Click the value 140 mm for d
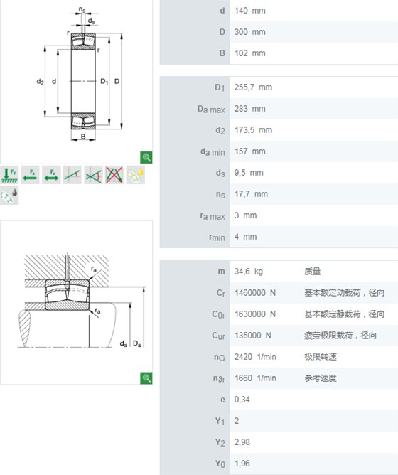250,11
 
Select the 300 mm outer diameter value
250,32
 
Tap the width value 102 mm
250,53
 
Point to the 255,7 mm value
253,87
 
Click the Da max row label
211,109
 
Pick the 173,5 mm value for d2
253,130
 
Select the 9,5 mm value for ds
249,173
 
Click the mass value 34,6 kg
248,271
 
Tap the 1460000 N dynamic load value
255,293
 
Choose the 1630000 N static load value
255,314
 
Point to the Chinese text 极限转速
321,356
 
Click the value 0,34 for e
242,399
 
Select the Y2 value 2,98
242,442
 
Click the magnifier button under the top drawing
146,158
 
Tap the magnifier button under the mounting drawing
146,378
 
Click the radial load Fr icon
9,175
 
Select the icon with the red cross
114,175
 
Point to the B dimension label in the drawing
83,137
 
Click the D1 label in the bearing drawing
104,81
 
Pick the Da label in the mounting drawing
137,344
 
